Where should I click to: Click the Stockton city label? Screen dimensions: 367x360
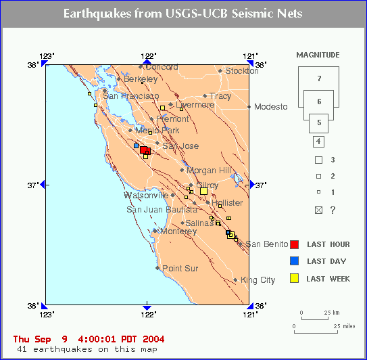(x=242, y=71)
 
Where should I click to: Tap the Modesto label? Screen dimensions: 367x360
(x=271, y=107)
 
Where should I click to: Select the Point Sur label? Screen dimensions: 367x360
(x=180, y=269)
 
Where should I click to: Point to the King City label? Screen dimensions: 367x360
(x=258, y=280)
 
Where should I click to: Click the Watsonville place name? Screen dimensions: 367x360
(x=146, y=196)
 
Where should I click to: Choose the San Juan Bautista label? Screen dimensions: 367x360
(x=162, y=210)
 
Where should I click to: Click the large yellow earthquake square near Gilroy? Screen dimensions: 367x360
(x=203, y=192)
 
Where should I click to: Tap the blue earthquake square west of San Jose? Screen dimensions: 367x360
(x=137, y=145)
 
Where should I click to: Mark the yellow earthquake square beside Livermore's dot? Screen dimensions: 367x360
(x=162, y=108)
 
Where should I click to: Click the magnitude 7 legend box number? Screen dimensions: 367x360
(x=319, y=78)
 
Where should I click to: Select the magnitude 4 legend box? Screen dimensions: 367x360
(x=318, y=142)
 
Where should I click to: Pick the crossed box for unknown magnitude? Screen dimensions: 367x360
(x=318, y=210)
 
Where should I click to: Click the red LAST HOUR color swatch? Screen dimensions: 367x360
(x=294, y=244)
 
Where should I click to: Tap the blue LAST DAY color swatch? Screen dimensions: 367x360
(x=294, y=261)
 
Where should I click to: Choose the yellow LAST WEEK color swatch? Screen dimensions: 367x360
(x=294, y=278)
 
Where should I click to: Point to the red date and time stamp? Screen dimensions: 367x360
(x=89, y=339)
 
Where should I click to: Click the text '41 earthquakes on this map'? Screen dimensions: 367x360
(x=87, y=349)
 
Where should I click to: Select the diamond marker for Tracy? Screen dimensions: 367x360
(x=205, y=96)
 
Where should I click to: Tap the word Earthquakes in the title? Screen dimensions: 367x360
(x=97, y=14)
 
